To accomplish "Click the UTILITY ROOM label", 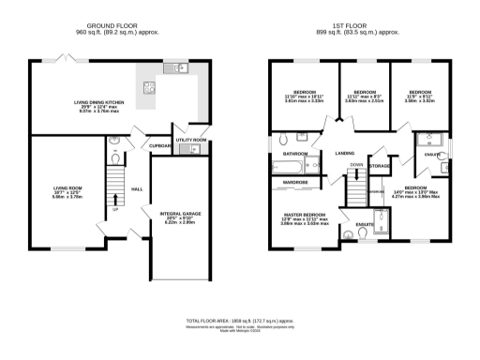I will (190, 140).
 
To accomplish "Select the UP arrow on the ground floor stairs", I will (115, 199).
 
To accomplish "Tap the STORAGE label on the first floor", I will (379, 166).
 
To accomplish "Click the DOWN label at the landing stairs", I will (356, 165).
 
